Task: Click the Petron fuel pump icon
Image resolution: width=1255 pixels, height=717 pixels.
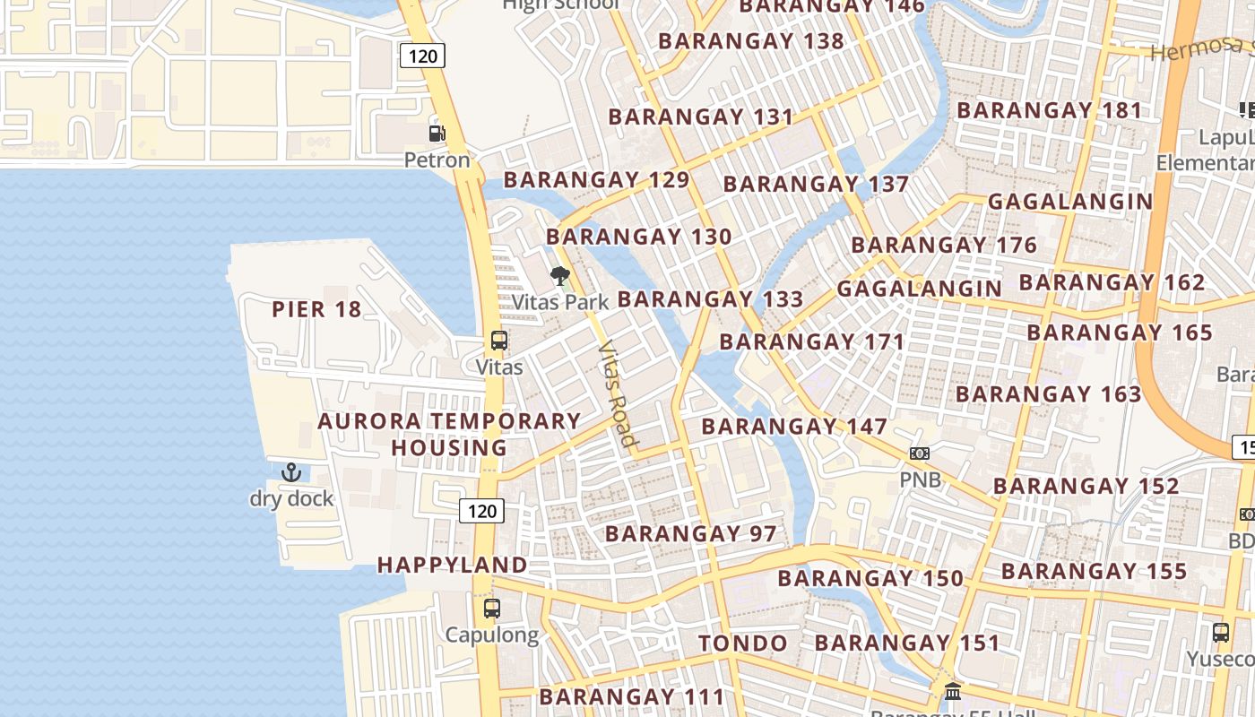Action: [437, 134]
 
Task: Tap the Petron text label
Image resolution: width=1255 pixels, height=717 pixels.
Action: [437, 160]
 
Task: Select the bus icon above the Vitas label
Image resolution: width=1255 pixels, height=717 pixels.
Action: [499, 341]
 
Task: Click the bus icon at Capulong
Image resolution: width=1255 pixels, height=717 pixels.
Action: [491, 609]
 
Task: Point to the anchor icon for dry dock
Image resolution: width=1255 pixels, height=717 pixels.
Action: [291, 471]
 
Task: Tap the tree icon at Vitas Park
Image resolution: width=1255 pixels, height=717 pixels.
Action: [560, 275]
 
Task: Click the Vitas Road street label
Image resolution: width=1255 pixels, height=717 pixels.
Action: [618, 393]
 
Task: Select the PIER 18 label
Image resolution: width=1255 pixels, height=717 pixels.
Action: [316, 310]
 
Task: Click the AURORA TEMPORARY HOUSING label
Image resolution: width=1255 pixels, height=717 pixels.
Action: [449, 434]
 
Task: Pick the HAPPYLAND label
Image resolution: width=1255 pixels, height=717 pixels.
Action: [452, 565]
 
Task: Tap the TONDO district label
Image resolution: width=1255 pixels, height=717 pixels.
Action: [742, 644]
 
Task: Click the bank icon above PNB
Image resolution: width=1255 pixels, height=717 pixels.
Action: [920, 454]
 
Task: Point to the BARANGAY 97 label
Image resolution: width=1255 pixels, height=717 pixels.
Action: [690, 534]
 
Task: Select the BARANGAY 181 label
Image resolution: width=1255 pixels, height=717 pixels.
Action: [1050, 111]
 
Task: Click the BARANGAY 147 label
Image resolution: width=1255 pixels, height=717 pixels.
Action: [794, 427]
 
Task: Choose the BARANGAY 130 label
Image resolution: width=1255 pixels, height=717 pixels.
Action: [638, 238]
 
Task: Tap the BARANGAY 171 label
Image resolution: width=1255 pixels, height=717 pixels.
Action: [812, 342]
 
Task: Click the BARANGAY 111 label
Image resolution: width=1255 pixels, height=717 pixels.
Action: [631, 696]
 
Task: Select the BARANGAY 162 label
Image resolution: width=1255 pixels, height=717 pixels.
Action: [1112, 282]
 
